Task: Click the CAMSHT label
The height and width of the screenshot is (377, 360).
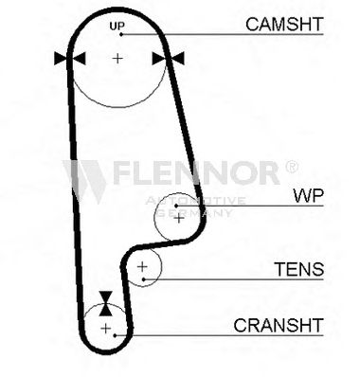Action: (x=284, y=24)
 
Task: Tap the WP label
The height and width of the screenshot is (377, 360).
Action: (x=309, y=196)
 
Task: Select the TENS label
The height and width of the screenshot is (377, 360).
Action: (x=298, y=269)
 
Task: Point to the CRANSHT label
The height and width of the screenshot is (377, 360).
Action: (x=279, y=325)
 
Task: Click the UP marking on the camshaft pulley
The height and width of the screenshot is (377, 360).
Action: (x=117, y=26)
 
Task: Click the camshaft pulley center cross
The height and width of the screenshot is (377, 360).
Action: (x=117, y=58)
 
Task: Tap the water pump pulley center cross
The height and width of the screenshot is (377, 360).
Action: (x=179, y=218)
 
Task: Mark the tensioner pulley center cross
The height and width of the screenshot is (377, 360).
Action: (x=142, y=267)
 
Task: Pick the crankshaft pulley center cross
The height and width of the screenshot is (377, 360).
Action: (x=105, y=329)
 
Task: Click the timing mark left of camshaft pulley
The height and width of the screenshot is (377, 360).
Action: (x=70, y=59)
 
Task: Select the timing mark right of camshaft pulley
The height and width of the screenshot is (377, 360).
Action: (x=168, y=59)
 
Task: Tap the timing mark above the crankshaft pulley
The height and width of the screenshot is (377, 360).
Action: (x=105, y=303)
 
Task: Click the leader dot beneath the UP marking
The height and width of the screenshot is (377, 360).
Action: (x=121, y=34)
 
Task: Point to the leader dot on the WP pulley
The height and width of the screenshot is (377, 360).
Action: (x=176, y=206)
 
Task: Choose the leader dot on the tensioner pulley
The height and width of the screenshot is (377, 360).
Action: (x=144, y=279)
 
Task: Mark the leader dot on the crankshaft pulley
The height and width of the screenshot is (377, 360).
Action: (x=116, y=335)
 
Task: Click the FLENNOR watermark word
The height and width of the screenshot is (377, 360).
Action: (x=196, y=172)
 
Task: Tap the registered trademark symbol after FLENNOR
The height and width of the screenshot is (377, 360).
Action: (x=291, y=167)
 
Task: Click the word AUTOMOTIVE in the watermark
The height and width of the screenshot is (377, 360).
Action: (x=195, y=201)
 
